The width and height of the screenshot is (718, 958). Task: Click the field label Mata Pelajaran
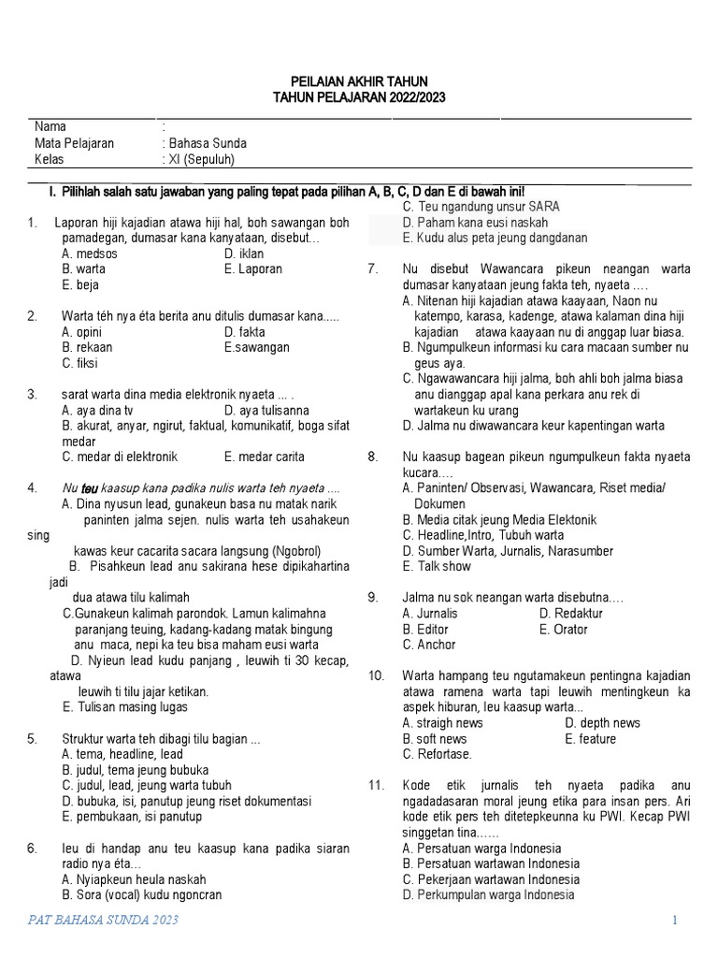[75, 143]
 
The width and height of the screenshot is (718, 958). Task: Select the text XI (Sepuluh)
[201, 159]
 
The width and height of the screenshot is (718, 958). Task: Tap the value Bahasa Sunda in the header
[207, 143]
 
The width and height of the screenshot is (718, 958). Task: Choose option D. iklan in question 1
[244, 254]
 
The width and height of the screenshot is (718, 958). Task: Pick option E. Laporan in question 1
[253, 269]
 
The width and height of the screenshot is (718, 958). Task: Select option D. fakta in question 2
[245, 332]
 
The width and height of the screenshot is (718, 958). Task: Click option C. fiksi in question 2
[79, 363]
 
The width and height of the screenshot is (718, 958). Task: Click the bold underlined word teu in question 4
[90, 488]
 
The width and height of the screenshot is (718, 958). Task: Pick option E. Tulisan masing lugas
[124, 707]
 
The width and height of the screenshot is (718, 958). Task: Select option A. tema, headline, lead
[122, 754]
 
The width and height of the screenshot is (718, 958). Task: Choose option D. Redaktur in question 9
[571, 614]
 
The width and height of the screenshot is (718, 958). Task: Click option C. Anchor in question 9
[429, 645]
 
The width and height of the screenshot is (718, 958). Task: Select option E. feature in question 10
[591, 739]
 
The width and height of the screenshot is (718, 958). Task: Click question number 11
[376, 786]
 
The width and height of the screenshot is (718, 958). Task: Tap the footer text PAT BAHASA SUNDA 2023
[103, 921]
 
